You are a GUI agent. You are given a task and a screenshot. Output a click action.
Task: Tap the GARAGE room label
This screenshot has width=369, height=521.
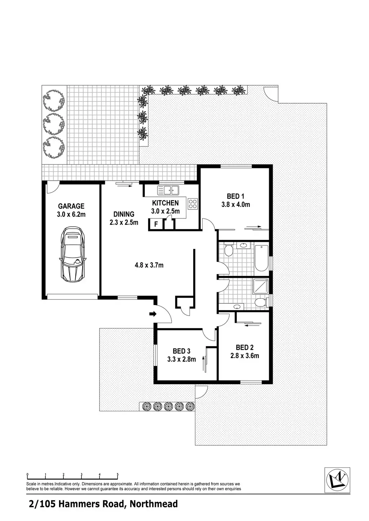pos(71,206)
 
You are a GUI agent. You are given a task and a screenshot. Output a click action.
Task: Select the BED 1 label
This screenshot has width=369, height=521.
pos(235,196)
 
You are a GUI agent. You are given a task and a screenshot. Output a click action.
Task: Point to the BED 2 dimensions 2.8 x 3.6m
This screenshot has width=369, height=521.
pos(245,356)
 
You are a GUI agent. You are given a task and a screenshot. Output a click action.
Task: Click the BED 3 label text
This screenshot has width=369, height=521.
pos(181,351)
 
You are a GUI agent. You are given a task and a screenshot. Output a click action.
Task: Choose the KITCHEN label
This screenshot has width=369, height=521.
pos(165,203)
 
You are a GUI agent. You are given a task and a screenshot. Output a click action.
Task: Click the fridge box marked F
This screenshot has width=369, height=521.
pos(156,224)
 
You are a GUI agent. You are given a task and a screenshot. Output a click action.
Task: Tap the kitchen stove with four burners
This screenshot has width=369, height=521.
pos(192,204)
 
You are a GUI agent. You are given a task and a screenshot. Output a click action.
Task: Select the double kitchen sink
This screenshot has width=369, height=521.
pos(168,189)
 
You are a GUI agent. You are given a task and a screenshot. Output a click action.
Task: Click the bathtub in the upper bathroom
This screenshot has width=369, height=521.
pos(261,258)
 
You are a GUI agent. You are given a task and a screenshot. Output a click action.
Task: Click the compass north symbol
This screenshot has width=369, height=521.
pos(337,480)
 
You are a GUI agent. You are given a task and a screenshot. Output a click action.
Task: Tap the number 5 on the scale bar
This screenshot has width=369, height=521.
pos(118,474)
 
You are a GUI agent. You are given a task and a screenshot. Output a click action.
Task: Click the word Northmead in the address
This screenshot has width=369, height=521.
pos(154,504)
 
